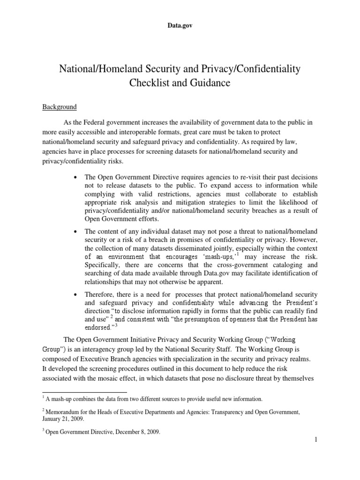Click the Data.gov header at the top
[x=180, y=26]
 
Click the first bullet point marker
[x=75, y=177]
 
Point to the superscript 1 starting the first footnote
[x=44, y=397]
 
